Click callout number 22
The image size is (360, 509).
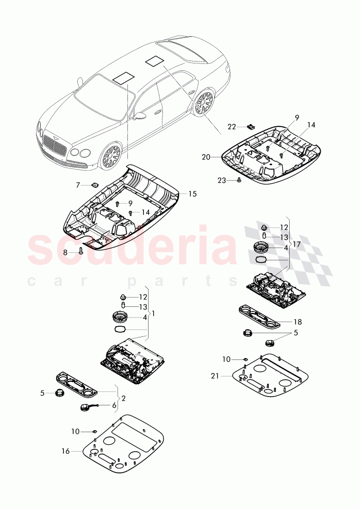tap(231, 126)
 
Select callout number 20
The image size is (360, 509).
tap(206, 157)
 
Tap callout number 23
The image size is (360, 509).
tap(222, 180)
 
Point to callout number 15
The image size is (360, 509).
tap(192, 194)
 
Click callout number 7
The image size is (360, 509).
tap(78, 185)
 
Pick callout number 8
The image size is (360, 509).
tap(65, 252)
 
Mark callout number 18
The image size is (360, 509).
tap(297, 321)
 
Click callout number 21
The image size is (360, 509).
tap(214, 376)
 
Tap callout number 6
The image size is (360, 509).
tap(114, 405)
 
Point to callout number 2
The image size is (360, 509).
tap(123, 398)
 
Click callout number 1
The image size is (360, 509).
tap(153, 313)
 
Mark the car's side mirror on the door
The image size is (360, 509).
tap(140, 116)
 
